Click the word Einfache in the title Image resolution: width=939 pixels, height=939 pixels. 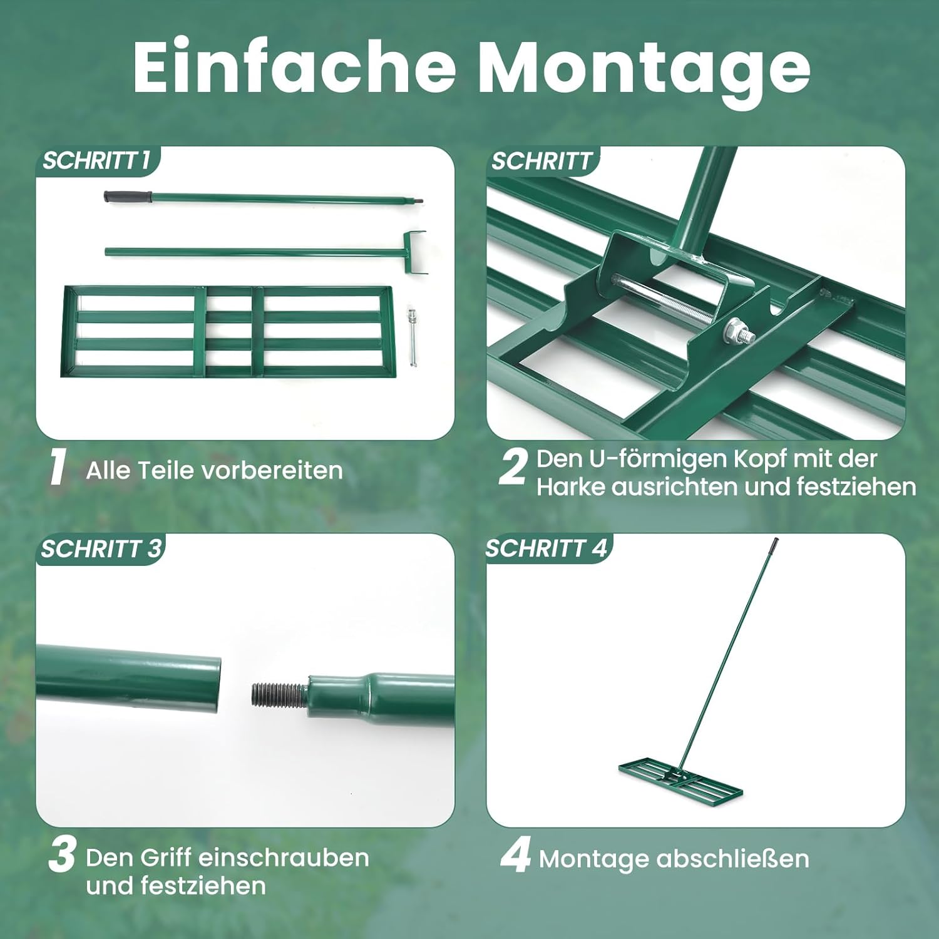click(x=294, y=66)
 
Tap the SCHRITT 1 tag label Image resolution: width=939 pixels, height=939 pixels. click(x=96, y=161)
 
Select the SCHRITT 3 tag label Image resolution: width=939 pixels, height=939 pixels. click(x=101, y=549)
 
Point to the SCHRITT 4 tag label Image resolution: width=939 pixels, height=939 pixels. click(x=546, y=548)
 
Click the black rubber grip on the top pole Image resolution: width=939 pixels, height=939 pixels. click(x=128, y=197)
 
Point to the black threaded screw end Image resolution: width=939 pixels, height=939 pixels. click(x=279, y=694)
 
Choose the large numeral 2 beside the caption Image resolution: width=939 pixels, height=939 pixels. click(x=513, y=466)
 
